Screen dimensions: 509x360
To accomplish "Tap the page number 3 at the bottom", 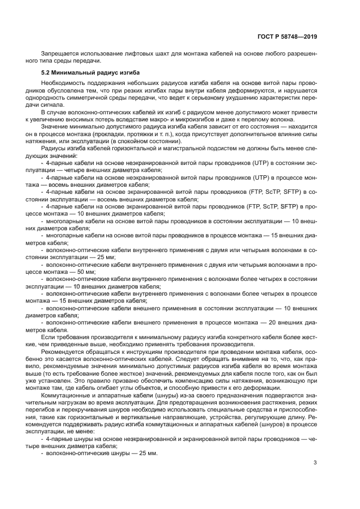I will click(315, 463).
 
